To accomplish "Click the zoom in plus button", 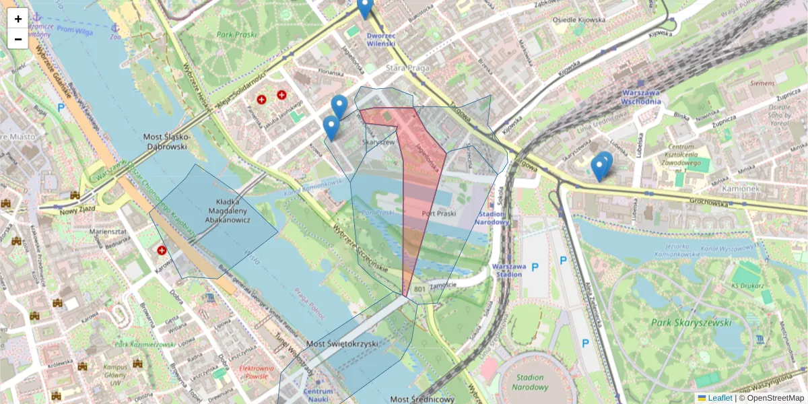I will point(18,19).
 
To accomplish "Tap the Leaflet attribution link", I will point(720,398).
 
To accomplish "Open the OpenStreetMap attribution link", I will point(775,398).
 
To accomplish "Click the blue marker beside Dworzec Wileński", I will point(364,8).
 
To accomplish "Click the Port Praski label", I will point(438,213).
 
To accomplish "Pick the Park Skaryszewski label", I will point(691,323).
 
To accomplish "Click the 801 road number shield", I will point(419,290).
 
